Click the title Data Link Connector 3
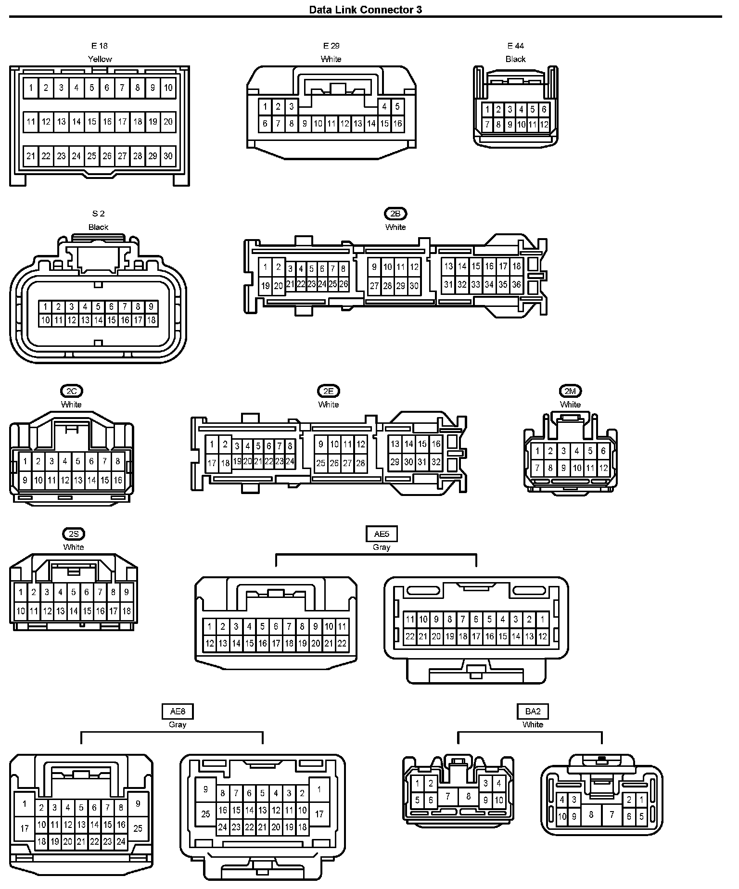[x=366, y=10]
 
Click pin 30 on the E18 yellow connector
[x=168, y=156]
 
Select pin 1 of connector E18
[x=31, y=88]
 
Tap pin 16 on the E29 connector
[x=397, y=124]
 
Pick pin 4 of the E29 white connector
[x=384, y=106]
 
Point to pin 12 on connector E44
[x=544, y=125]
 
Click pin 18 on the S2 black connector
[x=151, y=320]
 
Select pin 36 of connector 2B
[x=516, y=284]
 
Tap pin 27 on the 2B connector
[x=374, y=286]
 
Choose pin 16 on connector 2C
[x=118, y=480]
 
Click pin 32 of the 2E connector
[x=436, y=462]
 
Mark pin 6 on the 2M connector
[x=603, y=451]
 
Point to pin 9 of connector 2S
[x=127, y=592]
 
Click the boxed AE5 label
[x=382, y=534]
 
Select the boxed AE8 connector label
[x=178, y=711]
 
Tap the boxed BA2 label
[x=533, y=711]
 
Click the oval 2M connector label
[x=570, y=391]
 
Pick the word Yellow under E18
[x=100, y=59]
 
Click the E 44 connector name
[x=515, y=46]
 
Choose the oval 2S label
[x=73, y=533]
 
